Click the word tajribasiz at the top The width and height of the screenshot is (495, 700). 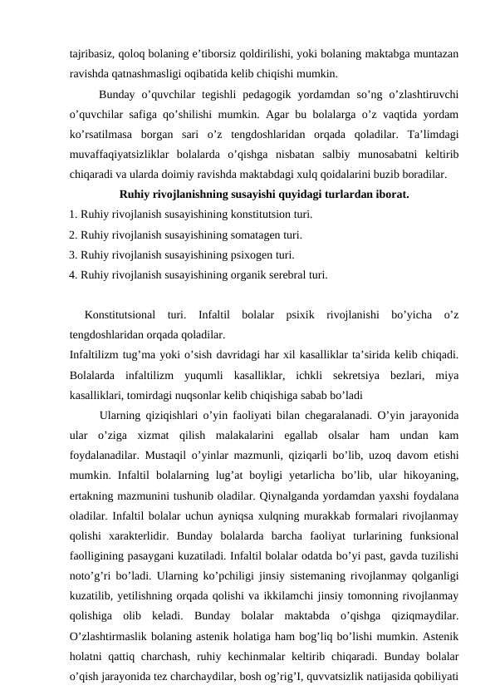tap(91, 53)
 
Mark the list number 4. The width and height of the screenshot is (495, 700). tap(73, 275)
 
